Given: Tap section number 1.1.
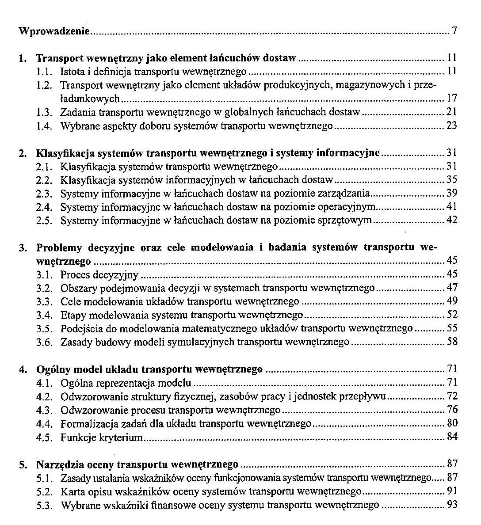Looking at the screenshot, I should [45, 71].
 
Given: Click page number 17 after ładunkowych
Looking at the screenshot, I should [451, 98].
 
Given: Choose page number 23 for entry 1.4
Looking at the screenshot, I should [451, 126].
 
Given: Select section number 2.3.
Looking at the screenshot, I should [45, 194].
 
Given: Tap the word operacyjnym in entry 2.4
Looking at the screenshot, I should [350, 207].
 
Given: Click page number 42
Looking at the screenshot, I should [451, 220].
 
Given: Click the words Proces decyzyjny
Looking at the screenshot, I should [99, 275].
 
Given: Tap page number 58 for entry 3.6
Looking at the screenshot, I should [451, 342].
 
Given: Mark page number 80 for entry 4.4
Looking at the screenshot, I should [451, 423].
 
